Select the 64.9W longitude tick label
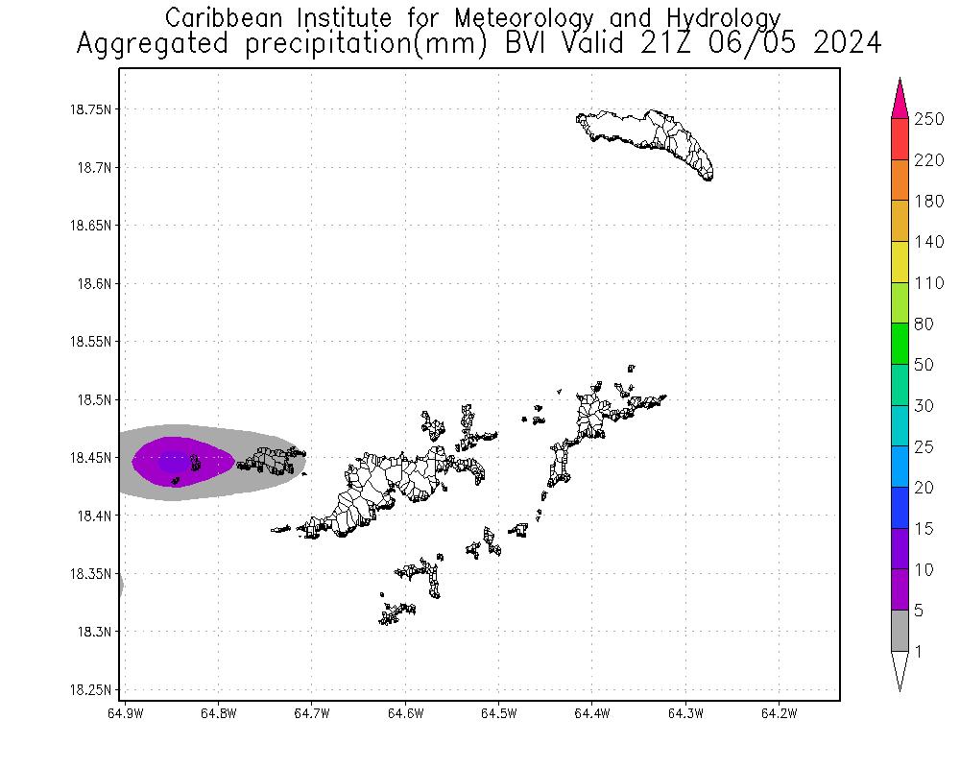click(126, 713)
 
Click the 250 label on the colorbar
click(929, 118)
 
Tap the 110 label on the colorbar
click(929, 282)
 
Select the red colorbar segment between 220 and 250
click(900, 139)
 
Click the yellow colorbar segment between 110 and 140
click(900, 262)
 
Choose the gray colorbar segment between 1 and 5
click(900, 632)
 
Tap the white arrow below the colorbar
click(900, 670)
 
